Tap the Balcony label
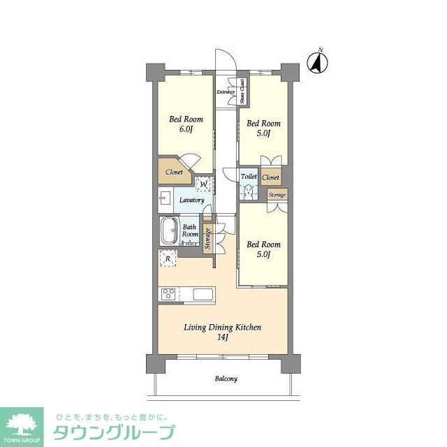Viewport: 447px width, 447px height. tap(225, 379)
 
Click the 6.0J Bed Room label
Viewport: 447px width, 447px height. tap(184, 124)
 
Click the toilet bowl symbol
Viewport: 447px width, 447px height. tap(249, 191)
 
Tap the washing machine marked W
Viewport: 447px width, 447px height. tap(203, 184)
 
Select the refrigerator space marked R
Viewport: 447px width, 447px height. tap(168, 259)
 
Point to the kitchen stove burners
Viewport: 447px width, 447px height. tap(168, 294)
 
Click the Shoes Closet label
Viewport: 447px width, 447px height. tap(242, 91)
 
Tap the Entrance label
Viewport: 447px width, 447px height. tap(225, 92)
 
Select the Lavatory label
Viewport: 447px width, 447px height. tap(191, 200)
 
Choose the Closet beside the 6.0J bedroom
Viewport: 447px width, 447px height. tap(174, 172)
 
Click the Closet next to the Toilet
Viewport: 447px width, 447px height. tap(270, 178)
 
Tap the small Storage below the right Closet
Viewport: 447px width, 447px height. tap(277, 194)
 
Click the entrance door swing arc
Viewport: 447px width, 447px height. tap(222, 59)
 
